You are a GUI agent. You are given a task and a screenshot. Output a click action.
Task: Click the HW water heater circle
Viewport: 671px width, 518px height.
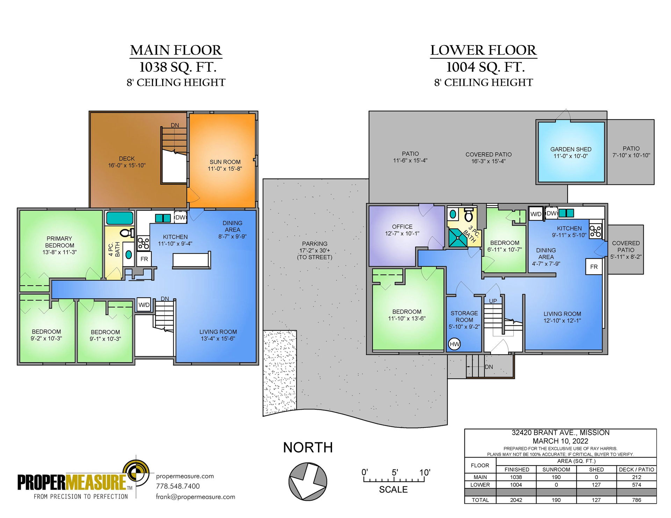click(454, 344)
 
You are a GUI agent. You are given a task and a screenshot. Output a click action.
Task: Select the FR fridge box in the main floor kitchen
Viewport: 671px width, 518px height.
click(144, 259)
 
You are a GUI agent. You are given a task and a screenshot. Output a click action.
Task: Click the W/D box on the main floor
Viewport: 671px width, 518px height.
click(144, 305)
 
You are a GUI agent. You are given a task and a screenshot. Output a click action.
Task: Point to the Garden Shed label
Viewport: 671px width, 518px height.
click(571, 149)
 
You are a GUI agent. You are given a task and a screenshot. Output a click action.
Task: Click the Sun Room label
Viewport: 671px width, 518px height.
click(225, 162)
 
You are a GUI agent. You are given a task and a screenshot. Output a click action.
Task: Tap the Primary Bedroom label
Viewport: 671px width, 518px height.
click(59, 242)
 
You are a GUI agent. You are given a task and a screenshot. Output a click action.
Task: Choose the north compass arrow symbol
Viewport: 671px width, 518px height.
click(308, 481)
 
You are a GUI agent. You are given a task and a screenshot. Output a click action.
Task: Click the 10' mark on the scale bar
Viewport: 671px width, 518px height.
click(424, 473)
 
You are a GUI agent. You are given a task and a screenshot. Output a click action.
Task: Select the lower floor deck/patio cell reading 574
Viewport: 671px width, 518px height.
click(636, 485)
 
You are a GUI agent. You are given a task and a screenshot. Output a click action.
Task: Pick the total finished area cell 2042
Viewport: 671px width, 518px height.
click(516, 500)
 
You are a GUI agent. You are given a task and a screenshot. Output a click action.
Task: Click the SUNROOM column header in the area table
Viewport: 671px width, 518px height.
click(556, 469)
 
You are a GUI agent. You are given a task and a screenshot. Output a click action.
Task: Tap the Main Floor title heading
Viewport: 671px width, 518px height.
click(176, 50)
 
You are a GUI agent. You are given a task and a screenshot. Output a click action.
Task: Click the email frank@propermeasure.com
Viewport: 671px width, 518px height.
click(195, 497)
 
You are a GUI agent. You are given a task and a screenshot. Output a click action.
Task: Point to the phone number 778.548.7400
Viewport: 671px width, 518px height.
click(178, 486)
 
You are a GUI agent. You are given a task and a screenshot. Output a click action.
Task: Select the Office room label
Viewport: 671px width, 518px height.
click(402, 227)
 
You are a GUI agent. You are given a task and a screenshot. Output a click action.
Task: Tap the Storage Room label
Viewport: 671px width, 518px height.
click(464, 316)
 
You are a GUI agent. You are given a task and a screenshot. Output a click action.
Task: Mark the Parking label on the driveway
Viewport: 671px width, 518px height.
click(315, 244)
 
